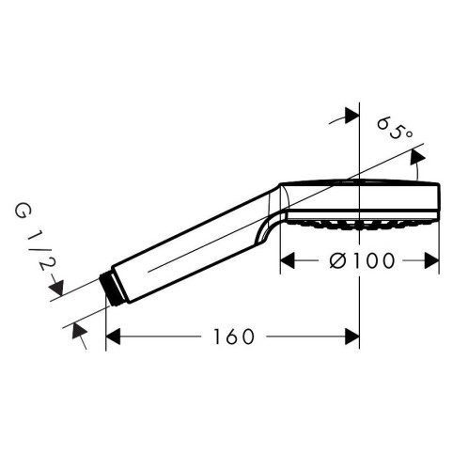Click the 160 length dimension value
tap(231, 336)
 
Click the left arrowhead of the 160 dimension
tap(112, 336)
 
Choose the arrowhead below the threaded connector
tap(77, 329)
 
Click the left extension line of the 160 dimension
tap(105, 320)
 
